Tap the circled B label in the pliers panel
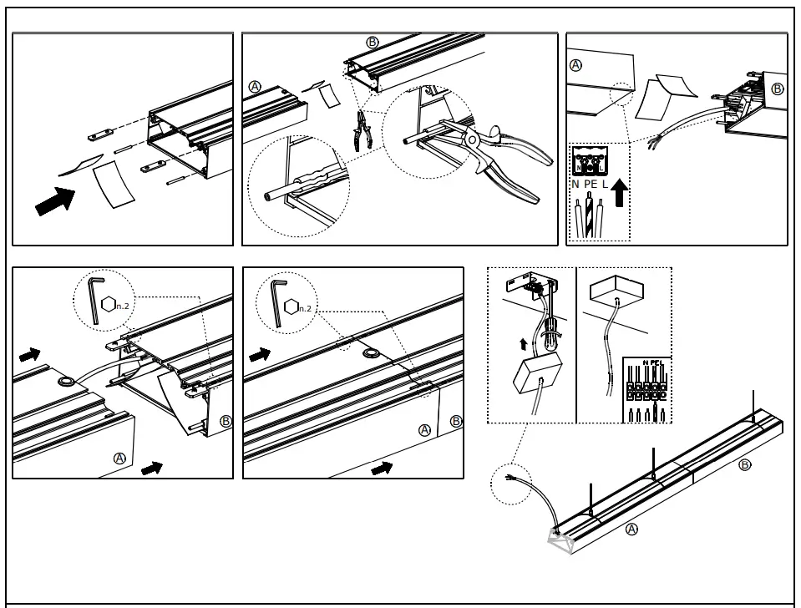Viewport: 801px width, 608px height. [372, 42]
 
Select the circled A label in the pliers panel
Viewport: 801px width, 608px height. [256, 87]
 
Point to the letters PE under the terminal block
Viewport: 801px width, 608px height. [591, 183]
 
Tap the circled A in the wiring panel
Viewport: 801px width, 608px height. [575, 65]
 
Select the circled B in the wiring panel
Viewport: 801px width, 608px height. [778, 89]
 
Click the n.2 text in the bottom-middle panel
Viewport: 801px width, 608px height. [307, 307]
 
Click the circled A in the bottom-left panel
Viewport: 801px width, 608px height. [119, 458]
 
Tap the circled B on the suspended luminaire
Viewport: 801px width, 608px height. [745, 464]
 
